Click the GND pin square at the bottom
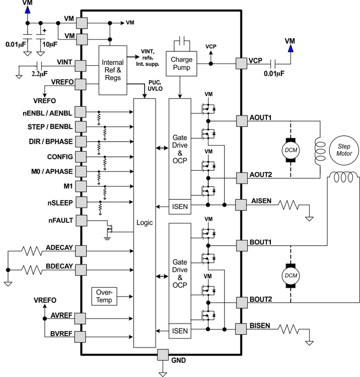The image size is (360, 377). click(162, 354)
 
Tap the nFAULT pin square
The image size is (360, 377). click(81, 220)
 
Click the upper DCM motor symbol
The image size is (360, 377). click(290, 149)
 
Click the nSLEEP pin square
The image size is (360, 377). click(81, 201)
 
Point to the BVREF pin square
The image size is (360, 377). click(81, 336)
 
